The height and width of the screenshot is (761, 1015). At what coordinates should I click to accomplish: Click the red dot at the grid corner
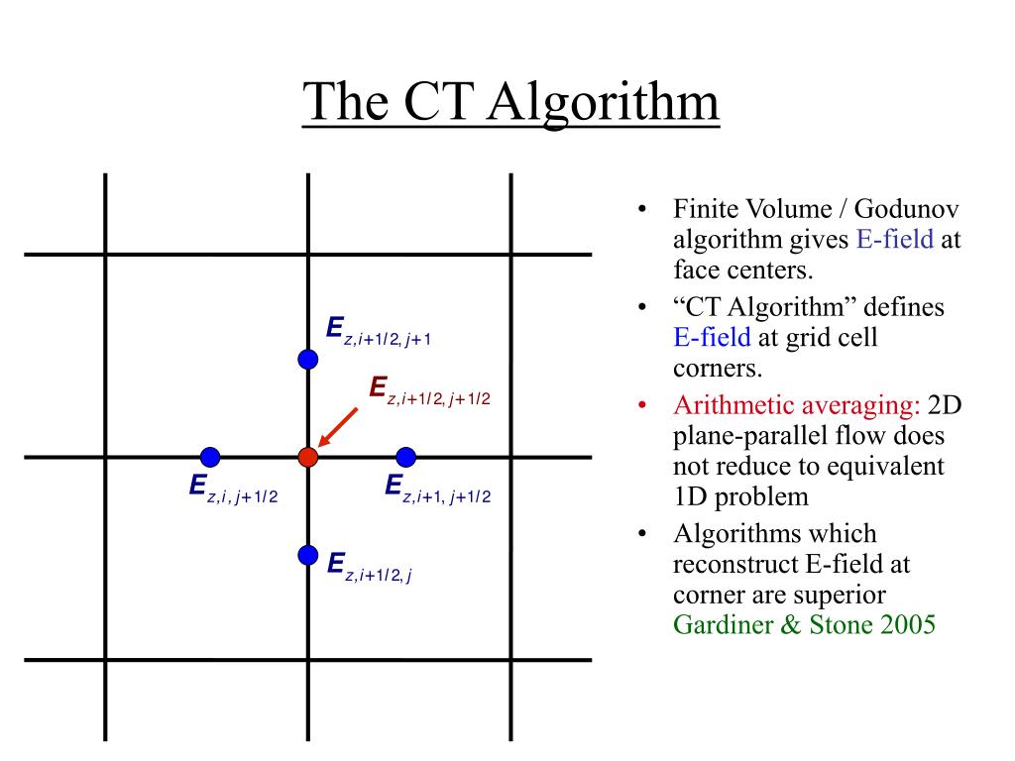pos(307,457)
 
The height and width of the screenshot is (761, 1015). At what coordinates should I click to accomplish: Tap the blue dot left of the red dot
pos(210,457)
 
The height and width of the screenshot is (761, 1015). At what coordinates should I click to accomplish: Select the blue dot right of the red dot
pos(405,457)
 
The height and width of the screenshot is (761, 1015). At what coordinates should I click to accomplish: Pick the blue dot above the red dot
pos(307,359)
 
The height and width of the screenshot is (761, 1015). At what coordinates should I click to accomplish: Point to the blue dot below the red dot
pos(307,555)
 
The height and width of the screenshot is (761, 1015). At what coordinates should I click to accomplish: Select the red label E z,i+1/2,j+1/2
pos(429,390)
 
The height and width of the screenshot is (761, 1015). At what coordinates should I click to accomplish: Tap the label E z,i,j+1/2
pos(233,489)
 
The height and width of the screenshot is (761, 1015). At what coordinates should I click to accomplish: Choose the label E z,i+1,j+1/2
pos(437,489)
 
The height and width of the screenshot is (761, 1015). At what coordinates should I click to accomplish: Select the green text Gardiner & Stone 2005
pos(804,624)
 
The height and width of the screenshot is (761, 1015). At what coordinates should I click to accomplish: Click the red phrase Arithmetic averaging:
pos(797,405)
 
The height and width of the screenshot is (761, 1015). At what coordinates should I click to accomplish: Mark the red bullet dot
pos(642,406)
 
